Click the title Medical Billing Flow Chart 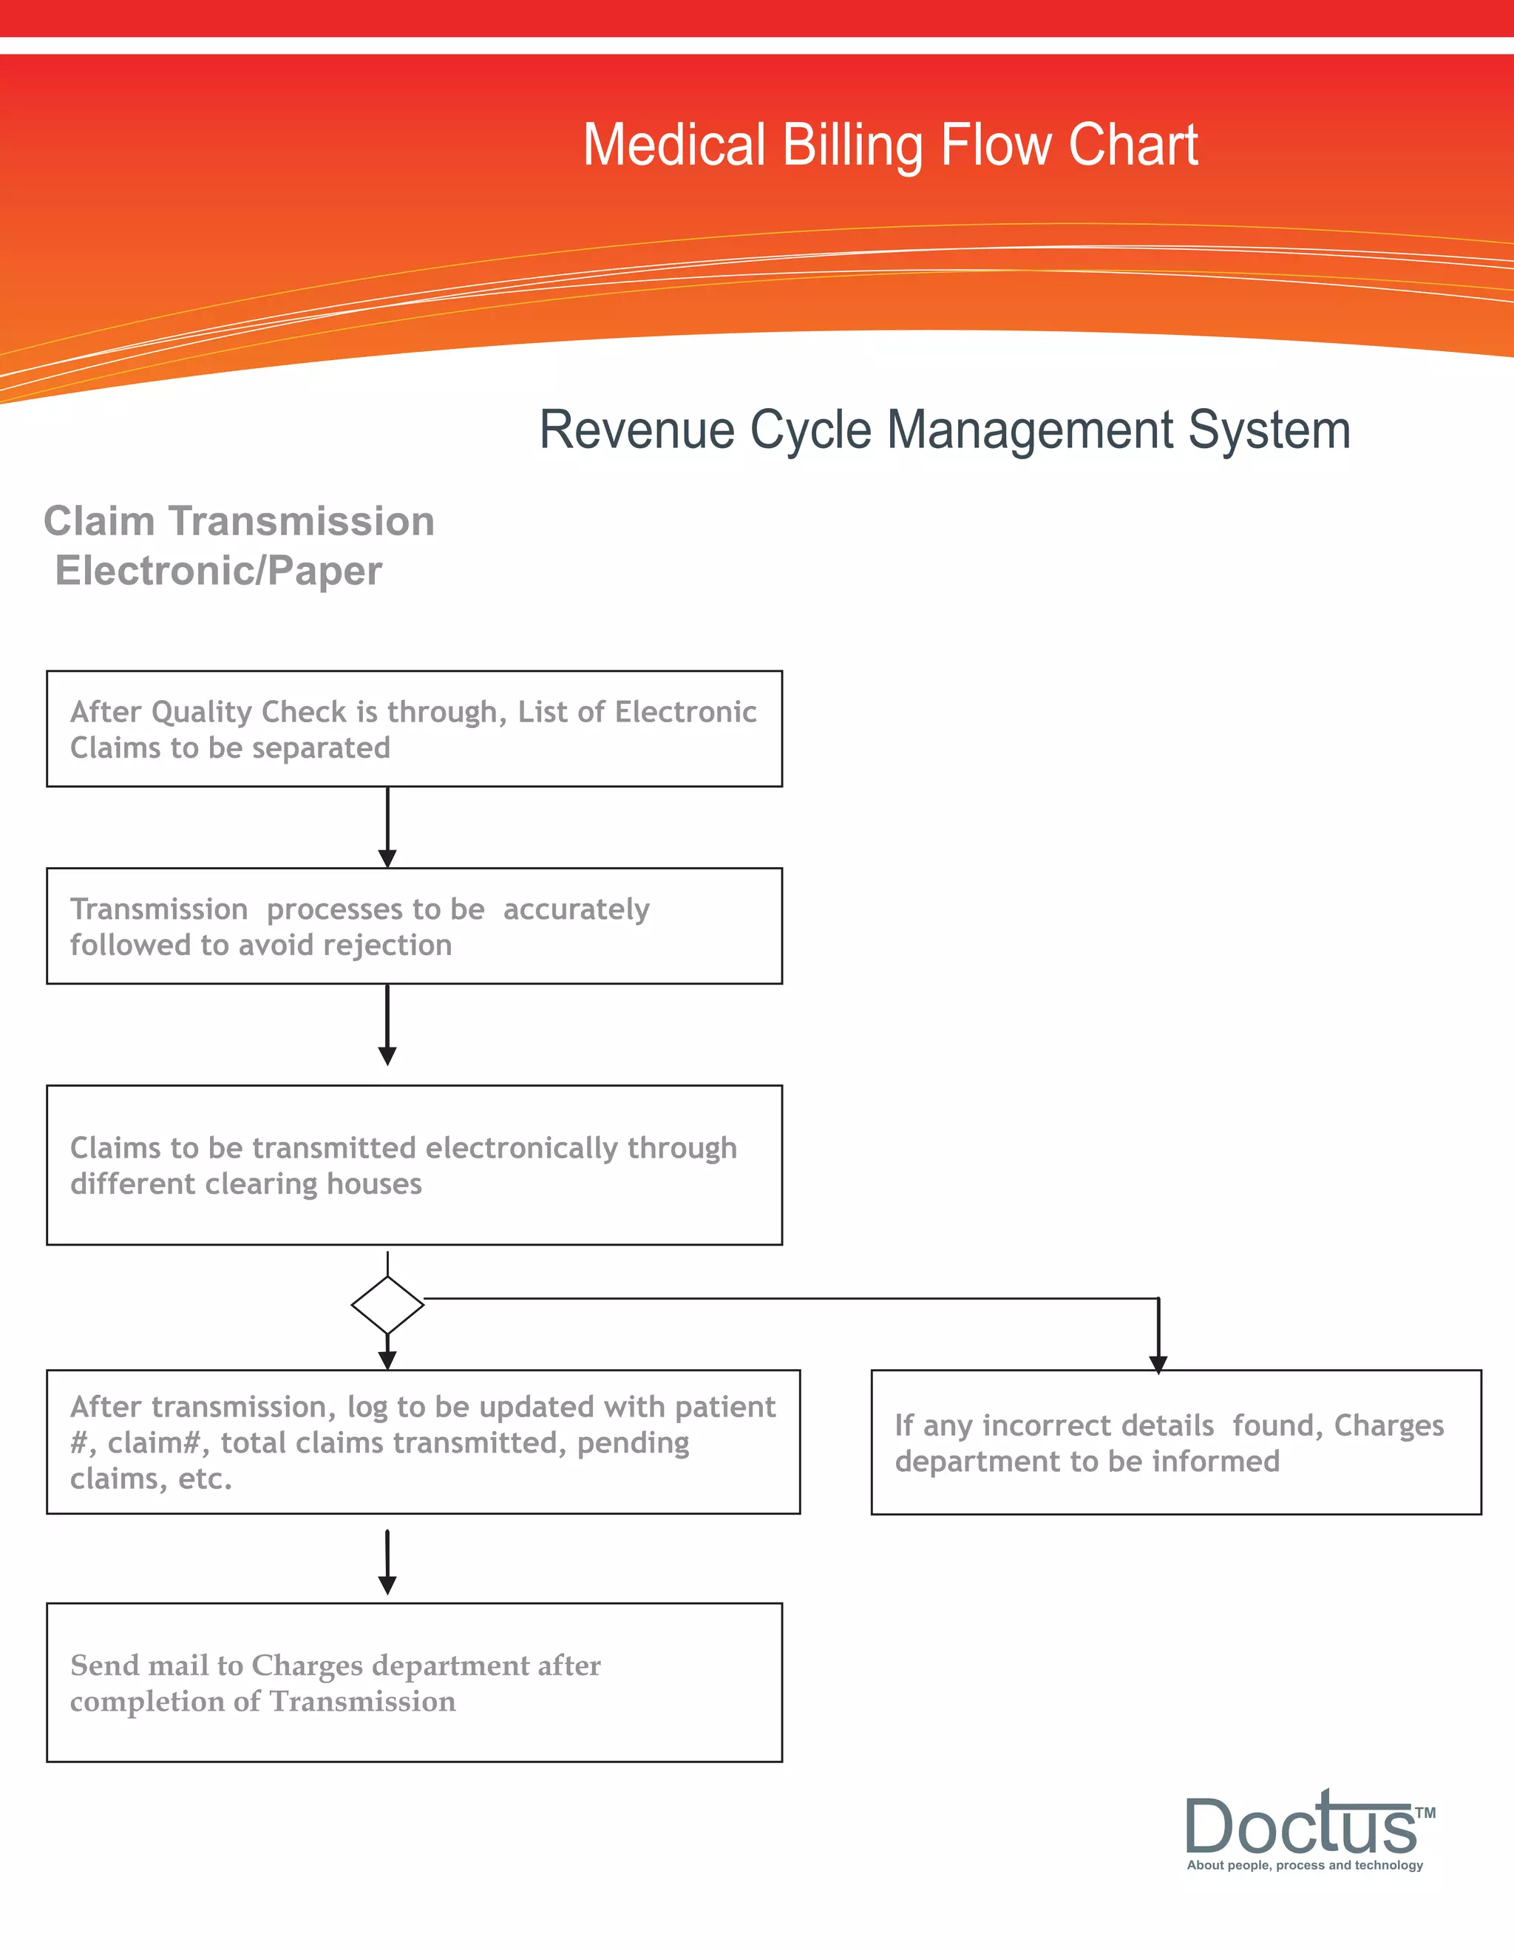click(890, 146)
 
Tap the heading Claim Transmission click(239, 521)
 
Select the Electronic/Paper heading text click(219, 571)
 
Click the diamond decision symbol click(387, 1305)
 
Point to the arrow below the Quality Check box click(387, 827)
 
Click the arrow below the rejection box click(387, 1025)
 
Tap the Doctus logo click(1300, 1825)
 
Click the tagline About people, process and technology click(1304, 1865)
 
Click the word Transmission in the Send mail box click(362, 1702)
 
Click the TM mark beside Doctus click(1425, 1813)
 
